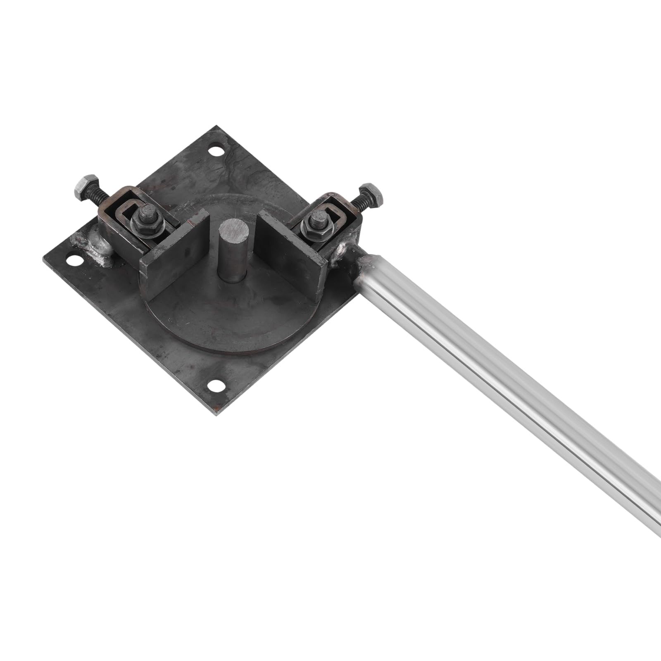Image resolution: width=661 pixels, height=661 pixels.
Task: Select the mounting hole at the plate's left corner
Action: (x=75, y=260)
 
